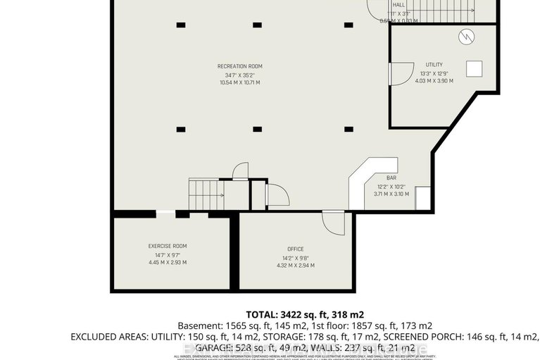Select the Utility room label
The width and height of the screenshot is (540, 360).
tap(434, 65)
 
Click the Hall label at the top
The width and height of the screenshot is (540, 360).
tap(398, 4)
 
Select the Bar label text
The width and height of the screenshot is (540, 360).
tap(391, 178)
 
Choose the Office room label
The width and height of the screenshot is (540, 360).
tap(295, 249)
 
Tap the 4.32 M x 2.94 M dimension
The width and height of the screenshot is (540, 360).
tap(295, 266)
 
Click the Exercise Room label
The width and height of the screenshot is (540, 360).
tap(168, 246)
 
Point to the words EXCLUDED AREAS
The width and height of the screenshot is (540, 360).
tap(108, 337)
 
